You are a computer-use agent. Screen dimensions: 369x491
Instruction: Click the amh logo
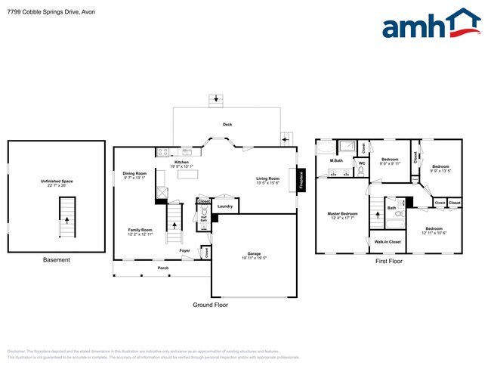coord(431,25)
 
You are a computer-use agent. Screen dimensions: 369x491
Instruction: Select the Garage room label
coord(254,256)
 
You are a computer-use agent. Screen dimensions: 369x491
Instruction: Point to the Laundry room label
coord(224,206)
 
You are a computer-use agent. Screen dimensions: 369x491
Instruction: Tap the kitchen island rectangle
coord(187,174)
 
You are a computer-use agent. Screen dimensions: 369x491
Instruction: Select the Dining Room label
coord(134,175)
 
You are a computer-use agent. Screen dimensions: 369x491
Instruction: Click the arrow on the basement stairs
coord(67,220)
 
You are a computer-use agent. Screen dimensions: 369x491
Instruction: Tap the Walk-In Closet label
coord(388,242)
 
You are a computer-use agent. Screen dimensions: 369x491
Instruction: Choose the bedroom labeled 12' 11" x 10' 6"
coord(433,230)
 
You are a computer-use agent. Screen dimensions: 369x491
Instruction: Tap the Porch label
coord(162,268)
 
